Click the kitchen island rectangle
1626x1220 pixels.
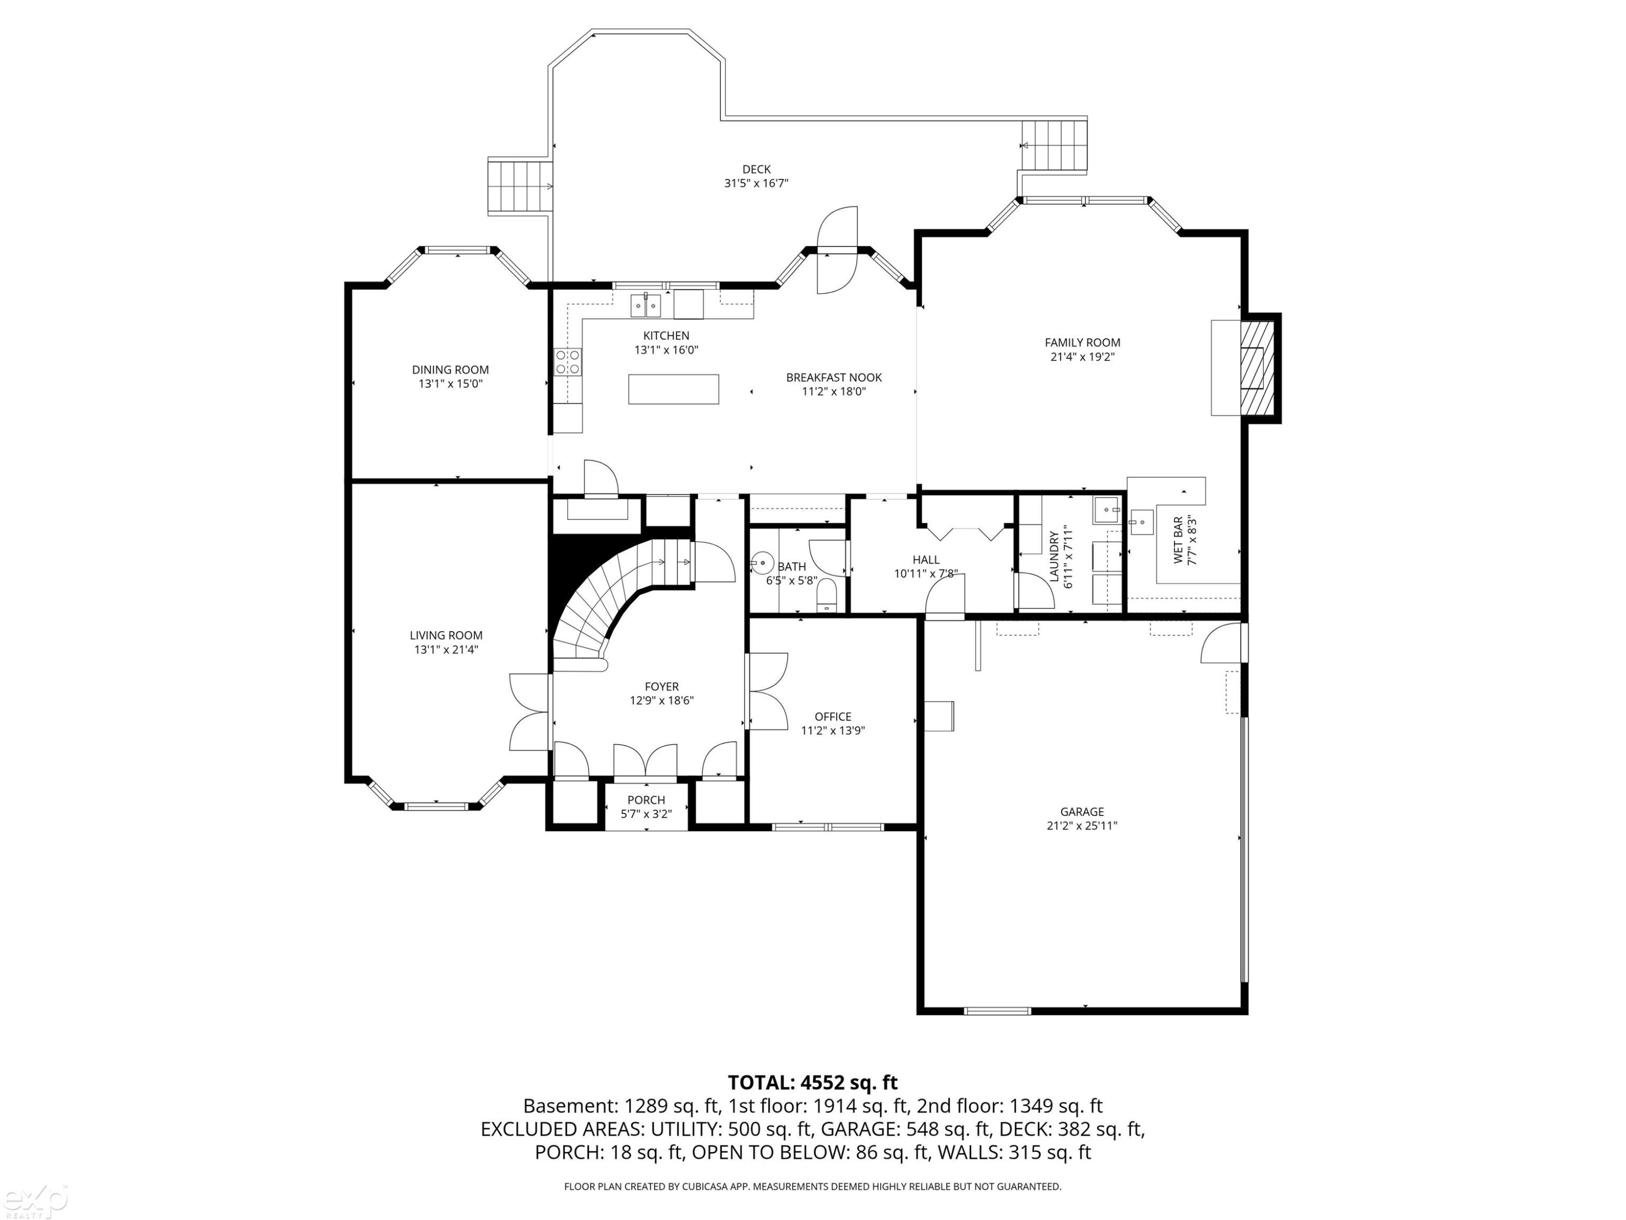[x=673, y=389]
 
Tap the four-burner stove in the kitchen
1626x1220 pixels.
[x=568, y=362]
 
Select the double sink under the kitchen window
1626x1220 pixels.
[x=646, y=304]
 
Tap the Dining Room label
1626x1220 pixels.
[x=450, y=370]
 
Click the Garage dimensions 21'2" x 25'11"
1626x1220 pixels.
[x=1082, y=825]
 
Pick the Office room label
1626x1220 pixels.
[x=833, y=716]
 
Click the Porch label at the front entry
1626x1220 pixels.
[x=646, y=800]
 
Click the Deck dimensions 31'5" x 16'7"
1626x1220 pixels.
[x=757, y=183]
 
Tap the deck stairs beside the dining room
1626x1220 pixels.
[x=520, y=187]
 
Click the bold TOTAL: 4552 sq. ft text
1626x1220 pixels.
[x=813, y=1082]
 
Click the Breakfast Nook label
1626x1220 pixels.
[x=834, y=377]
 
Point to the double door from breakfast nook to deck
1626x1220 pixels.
[x=837, y=251]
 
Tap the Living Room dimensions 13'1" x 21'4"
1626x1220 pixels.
[x=446, y=650]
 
